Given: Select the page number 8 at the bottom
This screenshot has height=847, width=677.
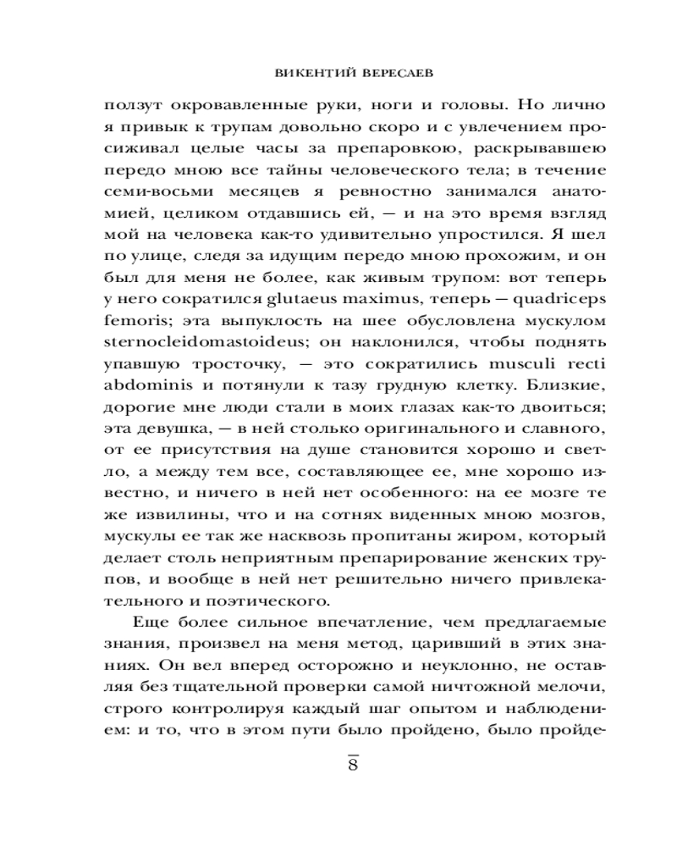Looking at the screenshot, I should click(x=354, y=765).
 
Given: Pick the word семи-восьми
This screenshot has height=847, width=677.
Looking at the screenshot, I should click(x=150, y=192).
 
